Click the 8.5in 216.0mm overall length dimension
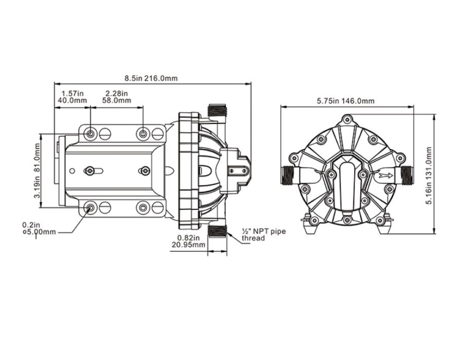coord(152,78)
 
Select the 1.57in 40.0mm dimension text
coord(72,97)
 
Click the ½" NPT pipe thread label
coord(263,234)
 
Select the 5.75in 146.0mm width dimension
coord(346,101)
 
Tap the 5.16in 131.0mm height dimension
coord(429,175)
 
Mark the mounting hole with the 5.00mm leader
coord(91,207)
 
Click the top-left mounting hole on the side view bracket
coord(91,134)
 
